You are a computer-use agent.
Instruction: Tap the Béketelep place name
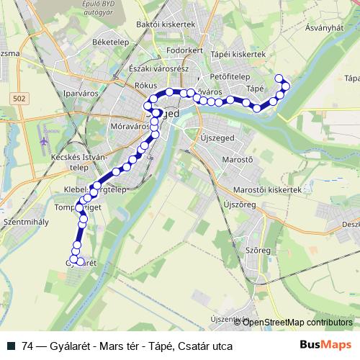tap(109, 42)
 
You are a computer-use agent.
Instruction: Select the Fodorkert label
tap(184, 50)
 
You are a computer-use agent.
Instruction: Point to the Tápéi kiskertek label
tap(238, 54)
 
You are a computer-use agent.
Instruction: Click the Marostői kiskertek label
tap(266, 189)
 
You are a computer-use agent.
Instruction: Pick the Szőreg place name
tap(258, 250)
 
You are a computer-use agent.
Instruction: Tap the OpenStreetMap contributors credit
tap(297, 322)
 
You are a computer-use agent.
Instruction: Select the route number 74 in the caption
tap(28, 346)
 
